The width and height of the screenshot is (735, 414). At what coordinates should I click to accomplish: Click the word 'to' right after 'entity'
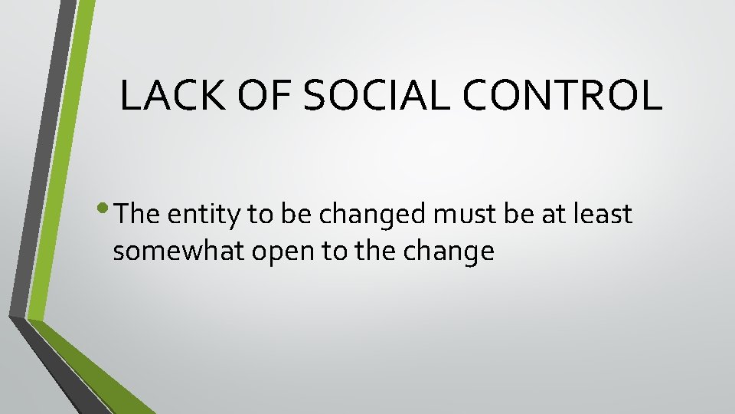click(260, 215)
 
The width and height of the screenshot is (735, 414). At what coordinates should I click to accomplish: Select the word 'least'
click(603, 215)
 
